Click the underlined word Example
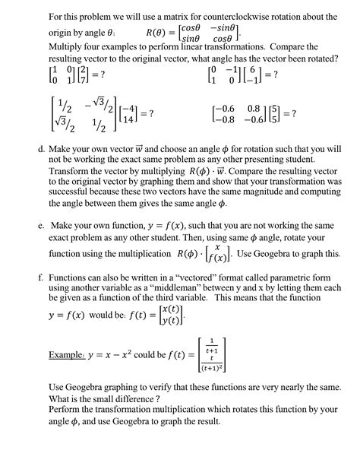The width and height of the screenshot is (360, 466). coord(65,353)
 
